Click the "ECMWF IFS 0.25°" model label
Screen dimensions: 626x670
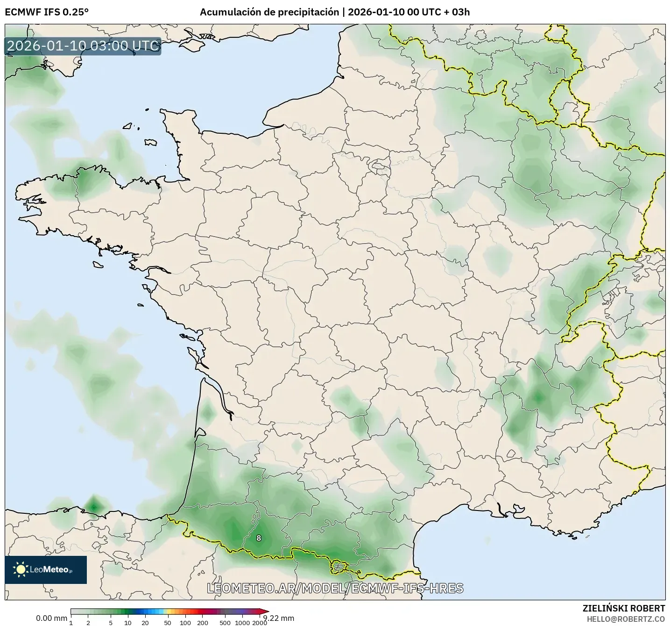[46, 12]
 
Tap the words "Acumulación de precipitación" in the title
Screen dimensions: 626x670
[269, 12]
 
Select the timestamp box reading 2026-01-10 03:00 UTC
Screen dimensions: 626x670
[83, 46]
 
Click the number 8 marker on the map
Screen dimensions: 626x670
[259, 538]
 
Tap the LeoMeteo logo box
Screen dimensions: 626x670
[46, 569]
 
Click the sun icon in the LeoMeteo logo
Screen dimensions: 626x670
[21, 569]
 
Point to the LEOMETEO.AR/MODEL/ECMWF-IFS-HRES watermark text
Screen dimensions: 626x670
[335, 588]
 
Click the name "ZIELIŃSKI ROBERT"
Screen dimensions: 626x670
[624, 608]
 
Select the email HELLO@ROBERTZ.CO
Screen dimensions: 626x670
[626, 619]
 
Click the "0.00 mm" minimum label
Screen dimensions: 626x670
[51, 618]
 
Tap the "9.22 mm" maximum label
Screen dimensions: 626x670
[279, 618]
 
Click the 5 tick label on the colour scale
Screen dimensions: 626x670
[111, 623]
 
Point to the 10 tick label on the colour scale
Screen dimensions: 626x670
[128, 623]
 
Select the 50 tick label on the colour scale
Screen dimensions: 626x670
[168, 623]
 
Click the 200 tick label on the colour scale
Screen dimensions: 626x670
[203, 623]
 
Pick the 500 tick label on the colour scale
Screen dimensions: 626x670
[225, 623]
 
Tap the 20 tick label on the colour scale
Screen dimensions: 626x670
[145, 623]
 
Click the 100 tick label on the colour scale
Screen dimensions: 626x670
[185, 623]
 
